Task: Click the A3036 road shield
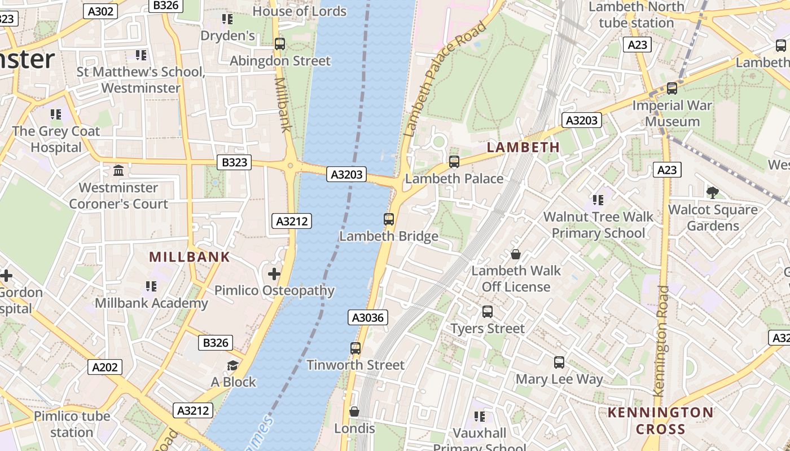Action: coord(368,317)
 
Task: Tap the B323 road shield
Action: coord(234,162)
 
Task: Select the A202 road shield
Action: coord(105,368)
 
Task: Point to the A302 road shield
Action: coord(101,11)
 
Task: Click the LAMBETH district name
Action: coord(523,147)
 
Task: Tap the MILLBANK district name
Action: coord(190,257)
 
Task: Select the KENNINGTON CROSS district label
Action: coord(660,421)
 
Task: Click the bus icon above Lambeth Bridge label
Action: coord(389,219)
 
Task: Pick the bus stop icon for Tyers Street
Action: coord(488,312)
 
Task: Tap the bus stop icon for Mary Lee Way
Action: coord(559,362)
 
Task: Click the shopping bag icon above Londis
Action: coord(354,412)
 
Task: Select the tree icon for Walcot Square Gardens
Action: coord(713,193)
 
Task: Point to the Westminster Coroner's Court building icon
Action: coord(118,170)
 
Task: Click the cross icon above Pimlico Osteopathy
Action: coord(274,275)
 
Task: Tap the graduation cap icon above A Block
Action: coord(232,366)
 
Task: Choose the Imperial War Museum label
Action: coord(672,113)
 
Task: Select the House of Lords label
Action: coord(299,11)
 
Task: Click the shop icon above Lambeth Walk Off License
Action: coord(515,254)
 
